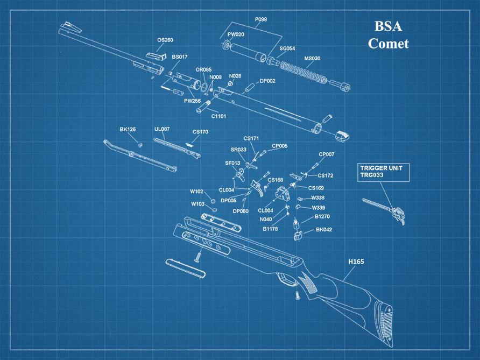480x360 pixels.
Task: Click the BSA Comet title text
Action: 388,36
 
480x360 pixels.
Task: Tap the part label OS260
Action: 165,40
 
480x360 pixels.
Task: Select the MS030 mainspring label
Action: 312,58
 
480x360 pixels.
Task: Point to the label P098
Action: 261,19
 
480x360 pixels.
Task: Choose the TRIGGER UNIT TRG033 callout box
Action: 383,171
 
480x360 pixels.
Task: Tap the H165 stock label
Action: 356,262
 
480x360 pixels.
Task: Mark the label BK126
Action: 128,129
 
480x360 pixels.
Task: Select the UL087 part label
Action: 162,129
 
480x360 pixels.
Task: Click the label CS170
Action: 200,131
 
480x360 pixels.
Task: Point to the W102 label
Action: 196,192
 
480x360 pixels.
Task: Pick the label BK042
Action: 324,230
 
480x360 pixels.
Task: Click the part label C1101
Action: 218,116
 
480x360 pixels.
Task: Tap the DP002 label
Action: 267,81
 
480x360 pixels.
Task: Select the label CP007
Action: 326,154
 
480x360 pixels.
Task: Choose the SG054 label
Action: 287,48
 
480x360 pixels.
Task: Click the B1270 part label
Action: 322,216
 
